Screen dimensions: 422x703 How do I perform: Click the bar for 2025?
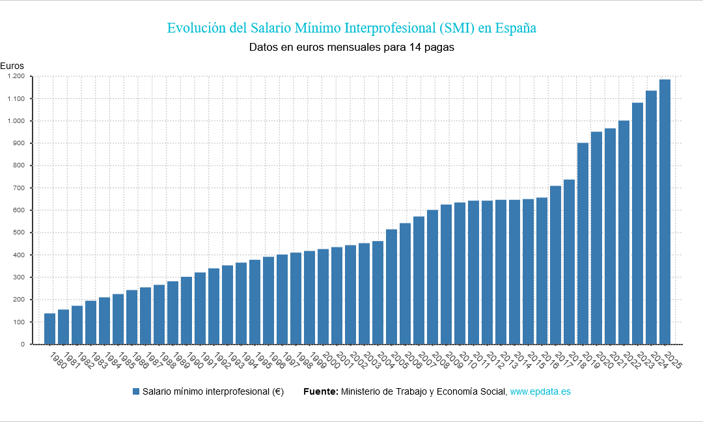pos(665,212)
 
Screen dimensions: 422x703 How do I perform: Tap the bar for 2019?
pos(583,244)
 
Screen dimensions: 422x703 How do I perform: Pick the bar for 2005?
pos(391,287)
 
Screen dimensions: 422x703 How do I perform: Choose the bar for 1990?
pos(186,311)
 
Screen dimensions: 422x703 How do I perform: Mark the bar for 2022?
pos(624,232)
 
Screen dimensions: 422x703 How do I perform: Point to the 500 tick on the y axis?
pos(19,232)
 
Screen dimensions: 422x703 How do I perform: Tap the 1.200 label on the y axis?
pos(15,76)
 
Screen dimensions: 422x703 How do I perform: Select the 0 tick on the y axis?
pos(23,344)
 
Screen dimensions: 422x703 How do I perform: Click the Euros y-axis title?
pos(12,66)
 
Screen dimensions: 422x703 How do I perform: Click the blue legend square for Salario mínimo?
pos(136,391)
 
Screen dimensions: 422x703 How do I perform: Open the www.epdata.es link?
pos(540,391)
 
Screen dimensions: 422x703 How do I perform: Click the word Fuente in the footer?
pos(320,391)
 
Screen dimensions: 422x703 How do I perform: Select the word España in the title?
pos(516,28)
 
